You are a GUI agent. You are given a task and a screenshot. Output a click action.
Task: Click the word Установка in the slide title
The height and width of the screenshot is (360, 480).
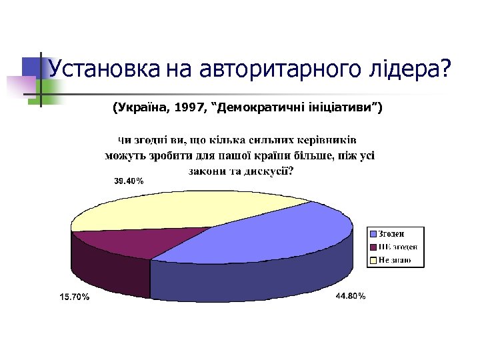tap(103, 68)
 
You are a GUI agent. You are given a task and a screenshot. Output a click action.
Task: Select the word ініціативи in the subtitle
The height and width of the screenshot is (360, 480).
tap(344, 107)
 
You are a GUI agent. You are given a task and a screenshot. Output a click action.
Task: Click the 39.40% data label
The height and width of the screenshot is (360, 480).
tap(128, 181)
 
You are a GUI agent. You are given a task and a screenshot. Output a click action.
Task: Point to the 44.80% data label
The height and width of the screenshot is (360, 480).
tap(350, 296)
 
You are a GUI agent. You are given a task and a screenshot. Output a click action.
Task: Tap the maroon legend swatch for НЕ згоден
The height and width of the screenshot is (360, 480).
tap(373, 247)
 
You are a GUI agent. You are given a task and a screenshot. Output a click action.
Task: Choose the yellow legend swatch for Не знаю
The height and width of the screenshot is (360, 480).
tap(373, 259)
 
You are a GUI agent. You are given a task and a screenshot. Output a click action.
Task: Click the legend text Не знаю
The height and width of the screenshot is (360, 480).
tap(394, 259)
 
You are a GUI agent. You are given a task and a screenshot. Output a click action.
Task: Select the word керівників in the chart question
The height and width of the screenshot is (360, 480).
tap(324, 141)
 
